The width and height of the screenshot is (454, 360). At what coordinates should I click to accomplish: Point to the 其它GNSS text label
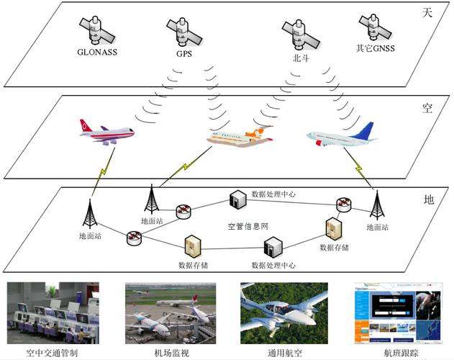tap(376, 50)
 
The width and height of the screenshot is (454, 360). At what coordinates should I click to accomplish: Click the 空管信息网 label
tap(248, 226)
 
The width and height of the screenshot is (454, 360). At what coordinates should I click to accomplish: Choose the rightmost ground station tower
tap(376, 207)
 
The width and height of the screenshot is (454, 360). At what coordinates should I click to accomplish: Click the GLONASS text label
tap(98, 52)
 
